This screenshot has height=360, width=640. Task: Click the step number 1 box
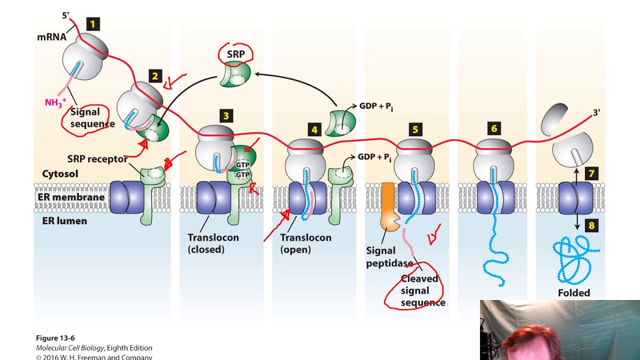point(92,24)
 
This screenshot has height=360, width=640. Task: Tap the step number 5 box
point(415,130)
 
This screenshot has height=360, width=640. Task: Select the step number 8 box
point(591,225)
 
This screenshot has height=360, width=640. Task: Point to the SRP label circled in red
point(235,54)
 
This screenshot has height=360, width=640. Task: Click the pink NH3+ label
point(55,102)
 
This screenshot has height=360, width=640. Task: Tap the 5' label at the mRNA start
point(65,15)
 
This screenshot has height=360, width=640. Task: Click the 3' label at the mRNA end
point(596,112)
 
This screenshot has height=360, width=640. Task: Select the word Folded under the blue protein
point(574,293)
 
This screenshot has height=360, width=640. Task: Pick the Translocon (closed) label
point(213,243)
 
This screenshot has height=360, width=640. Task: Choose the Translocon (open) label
point(305,243)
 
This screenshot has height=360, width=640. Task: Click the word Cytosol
point(59,174)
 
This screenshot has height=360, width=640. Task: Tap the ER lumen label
point(64,220)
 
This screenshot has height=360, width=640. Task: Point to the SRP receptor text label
point(97,159)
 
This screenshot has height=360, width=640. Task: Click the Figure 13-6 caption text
point(55,338)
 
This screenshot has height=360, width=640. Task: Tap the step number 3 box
point(226,116)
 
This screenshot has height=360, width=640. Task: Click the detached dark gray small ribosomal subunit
point(554,119)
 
